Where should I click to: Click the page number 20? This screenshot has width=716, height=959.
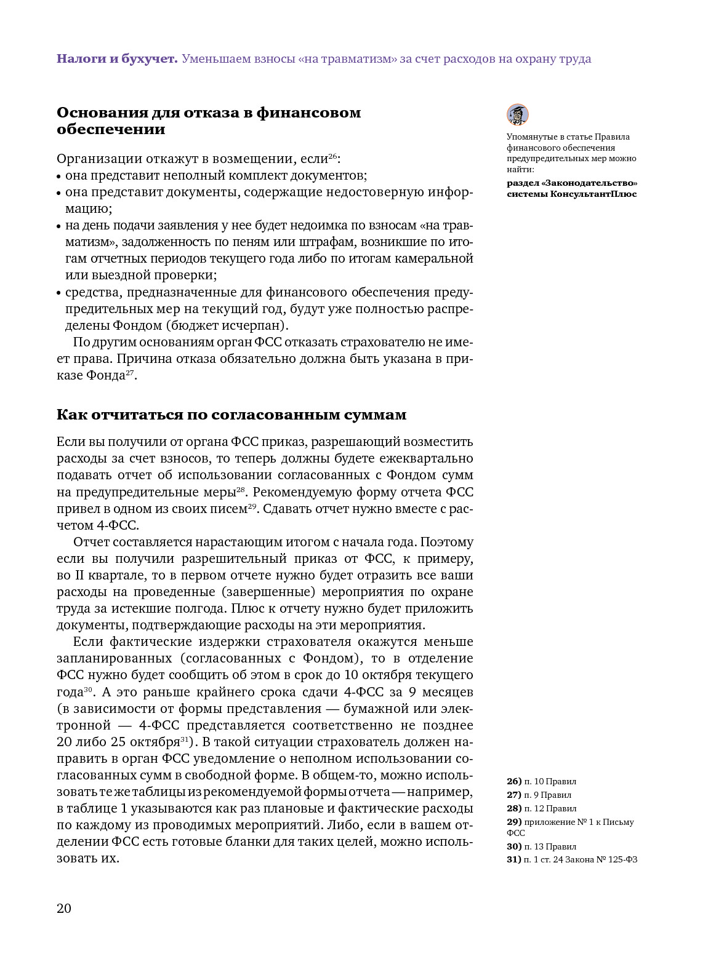coord(64,909)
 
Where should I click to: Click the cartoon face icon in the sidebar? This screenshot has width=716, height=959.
coord(517,115)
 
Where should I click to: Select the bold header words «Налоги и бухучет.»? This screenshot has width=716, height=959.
coord(117,59)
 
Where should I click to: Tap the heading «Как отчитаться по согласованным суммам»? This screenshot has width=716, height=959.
coord(231,415)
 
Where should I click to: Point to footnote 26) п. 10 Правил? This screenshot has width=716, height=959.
coord(542,781)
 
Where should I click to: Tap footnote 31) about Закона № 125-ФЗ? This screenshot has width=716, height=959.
coord(572,859)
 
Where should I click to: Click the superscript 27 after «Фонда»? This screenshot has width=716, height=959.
coord(130,372)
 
